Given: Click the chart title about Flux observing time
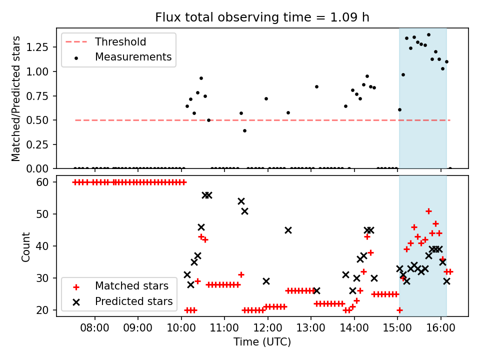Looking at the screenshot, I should pyautogui.click(x=262, y=17).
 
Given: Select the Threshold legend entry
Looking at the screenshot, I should pyautogui.click(x=120, y=41).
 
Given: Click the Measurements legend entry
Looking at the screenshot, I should pyautogui.click(x=133, y=57).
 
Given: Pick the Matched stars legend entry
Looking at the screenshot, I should pyautogui.click(x=131, y=286).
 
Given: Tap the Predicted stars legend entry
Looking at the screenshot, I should pyautogui.click(x=133, y=301).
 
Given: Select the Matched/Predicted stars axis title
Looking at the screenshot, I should pyautogui.click(x=16, y=98).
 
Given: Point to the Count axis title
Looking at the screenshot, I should pyautogui.click(x=26, y=246).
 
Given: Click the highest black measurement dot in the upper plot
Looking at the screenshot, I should pyautogui.click(x=428, y=34).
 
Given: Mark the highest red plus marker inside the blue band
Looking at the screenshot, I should pyautogui.click(x=428, y=211).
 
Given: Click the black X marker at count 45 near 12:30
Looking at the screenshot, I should pyautogui.click(x=288, y=230).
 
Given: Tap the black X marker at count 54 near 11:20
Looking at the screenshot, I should pyautogui.click(x=241, y=201).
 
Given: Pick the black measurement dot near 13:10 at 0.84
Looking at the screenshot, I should pyautogui.click(x=316, y=86).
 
